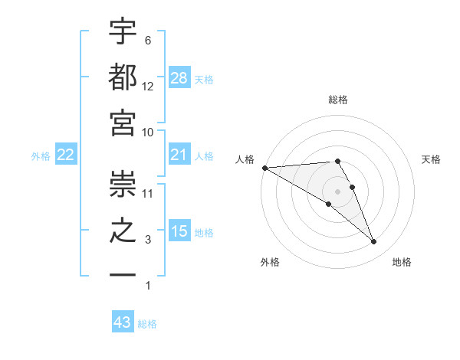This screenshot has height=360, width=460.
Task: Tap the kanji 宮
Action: pos(123,123)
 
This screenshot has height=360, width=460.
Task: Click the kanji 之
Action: pos(123,231)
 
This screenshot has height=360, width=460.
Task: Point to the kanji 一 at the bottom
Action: pos(123,277)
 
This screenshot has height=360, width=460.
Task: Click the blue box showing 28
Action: pos(179,77)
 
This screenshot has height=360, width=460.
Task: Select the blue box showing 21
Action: pos(179,155)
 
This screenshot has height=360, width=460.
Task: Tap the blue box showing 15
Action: pos(179,231)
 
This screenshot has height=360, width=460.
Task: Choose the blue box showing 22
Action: pos(66,155)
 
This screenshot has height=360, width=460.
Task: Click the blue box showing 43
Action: pos(123,322)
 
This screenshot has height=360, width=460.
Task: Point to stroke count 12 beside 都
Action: pos(147,86)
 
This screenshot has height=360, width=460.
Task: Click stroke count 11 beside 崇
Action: pos(147,193)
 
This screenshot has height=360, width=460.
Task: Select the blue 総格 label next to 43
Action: pos(148,324)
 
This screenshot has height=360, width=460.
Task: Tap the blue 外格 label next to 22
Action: pos(41,156)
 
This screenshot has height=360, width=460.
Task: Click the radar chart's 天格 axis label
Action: pos(432,159)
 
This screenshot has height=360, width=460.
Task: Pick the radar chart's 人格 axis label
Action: pos(245,159)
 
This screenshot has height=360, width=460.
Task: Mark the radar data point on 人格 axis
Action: pos(264,167)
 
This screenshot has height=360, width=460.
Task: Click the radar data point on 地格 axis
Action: pos(373,242)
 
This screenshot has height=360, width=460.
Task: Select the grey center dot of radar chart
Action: pos(338,191)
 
